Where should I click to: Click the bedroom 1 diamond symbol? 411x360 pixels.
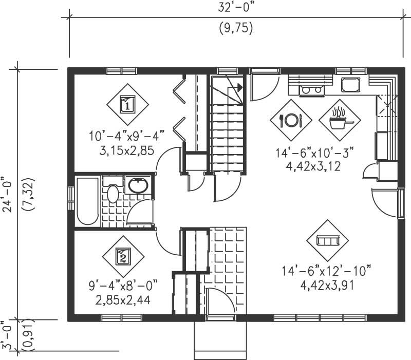(x=127, y=104)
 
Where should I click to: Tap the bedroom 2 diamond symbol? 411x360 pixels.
(x=123, y=256)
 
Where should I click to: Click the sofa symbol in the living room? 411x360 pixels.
(x=327, y=240)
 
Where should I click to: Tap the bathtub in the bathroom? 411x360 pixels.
(x=87, y=201)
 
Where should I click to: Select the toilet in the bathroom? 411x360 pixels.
(x=113, y=195)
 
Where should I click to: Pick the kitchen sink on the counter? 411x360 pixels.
(x=350, y=84)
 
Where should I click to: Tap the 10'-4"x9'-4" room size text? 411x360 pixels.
(x=126, y=137)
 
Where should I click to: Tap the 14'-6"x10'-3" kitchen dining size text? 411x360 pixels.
(x=315, y=153)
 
